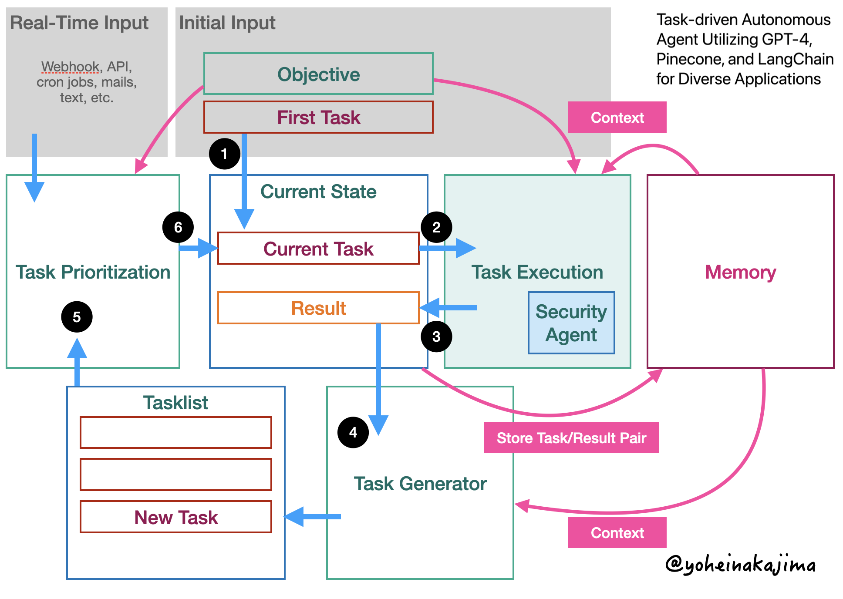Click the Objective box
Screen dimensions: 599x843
tap(318, 74)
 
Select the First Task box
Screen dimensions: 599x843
tap(318, 118)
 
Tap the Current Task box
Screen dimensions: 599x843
tap(318, 249)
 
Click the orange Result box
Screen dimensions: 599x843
tap(318, 308)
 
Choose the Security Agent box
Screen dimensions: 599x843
tap(571, 323)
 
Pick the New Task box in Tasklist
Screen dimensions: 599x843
tap(176, 517)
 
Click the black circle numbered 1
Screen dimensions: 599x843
tap(224, 154)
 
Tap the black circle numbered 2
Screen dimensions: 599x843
tap(436, 227)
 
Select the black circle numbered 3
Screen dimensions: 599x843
tap(436, 337)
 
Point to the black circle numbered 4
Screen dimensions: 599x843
tap(353, 432)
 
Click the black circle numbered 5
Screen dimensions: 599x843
tap(77, 317)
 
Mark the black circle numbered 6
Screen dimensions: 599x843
tap(178, 227)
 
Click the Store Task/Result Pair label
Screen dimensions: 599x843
tap(571, 437)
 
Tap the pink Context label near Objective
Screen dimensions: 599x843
tap(617, 118)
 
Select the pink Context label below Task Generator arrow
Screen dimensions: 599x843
tap(617, 532)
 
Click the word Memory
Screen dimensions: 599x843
tap(740, 272)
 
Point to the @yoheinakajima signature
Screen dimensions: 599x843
tap(740, 565)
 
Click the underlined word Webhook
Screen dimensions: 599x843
tap(70, 67)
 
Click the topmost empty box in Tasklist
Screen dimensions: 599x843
tap(176, 432)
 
